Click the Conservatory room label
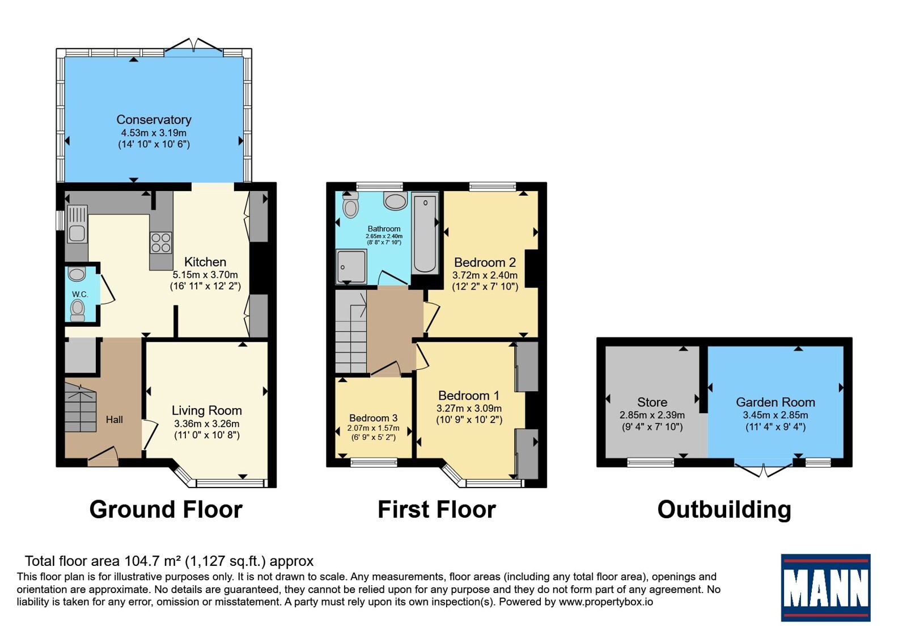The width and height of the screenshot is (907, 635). (154, 120)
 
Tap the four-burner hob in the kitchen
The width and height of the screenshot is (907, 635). (161, 243)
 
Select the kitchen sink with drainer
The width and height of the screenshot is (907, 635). (77, 224)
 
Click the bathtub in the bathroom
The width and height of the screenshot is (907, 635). (425, 234)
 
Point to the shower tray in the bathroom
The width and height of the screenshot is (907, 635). (351, 266)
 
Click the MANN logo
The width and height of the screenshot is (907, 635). (825, 587)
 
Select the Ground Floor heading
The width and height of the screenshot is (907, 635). (166, 509)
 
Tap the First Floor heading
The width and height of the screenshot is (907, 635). (436, 509)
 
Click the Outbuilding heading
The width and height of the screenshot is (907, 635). (724, 510)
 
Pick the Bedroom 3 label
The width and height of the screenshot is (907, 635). (374, 417)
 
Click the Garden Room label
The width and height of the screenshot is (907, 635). (775, 402)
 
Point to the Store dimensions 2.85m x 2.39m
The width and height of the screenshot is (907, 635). (652, 415)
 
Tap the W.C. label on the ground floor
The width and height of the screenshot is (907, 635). (80, 294)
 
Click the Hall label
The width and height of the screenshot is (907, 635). (114, 420)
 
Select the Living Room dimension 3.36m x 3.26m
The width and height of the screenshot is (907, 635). (206, 424)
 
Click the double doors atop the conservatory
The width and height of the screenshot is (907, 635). (194, 47)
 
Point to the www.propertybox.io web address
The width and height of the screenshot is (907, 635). (606, 602)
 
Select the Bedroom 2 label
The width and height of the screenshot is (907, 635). (485, 263)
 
